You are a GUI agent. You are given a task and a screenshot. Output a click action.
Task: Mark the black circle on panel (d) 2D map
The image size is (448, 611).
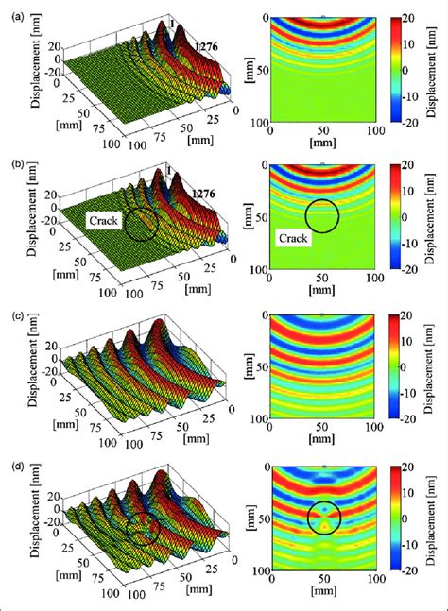[325, 517]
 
